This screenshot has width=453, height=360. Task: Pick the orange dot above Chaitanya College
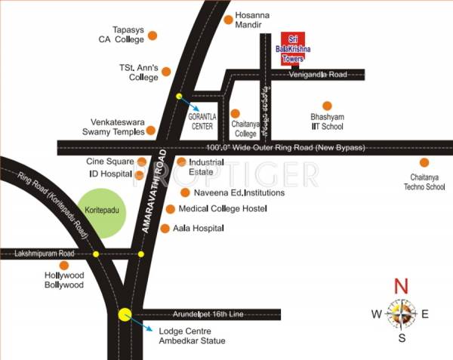[236, 113]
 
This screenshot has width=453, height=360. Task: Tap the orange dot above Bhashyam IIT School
[327, 106]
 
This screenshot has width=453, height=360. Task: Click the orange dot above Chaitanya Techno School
[424, 162]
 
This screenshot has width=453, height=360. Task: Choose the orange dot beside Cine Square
[141, 162]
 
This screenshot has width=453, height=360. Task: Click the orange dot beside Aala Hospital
[165, 226]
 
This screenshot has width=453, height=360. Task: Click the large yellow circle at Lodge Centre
[125, 314]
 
